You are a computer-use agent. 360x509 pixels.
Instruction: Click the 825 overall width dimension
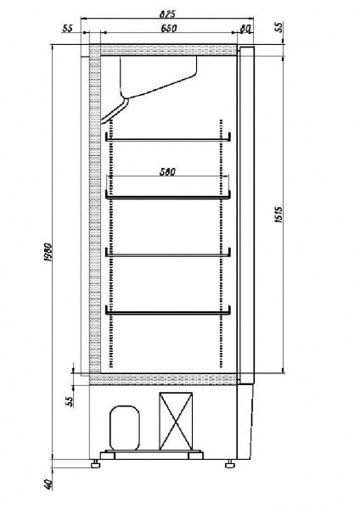point(167,14)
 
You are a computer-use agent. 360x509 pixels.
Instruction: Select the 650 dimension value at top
point(169,28)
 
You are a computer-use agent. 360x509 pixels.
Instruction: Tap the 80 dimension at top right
point(245,29)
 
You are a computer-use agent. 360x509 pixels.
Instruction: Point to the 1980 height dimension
point(48,252)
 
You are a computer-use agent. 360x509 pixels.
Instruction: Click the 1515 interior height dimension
point(278,215)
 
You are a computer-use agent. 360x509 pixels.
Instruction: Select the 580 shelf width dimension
point(167,171)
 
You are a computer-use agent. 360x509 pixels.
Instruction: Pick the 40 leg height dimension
point(48,484)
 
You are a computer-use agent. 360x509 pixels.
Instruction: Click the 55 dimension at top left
point(67,28)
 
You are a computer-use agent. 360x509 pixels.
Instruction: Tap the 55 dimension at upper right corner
point(278,27)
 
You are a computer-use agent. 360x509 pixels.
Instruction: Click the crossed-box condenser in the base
point(176,422)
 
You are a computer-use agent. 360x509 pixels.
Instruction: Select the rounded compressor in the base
point(125,428)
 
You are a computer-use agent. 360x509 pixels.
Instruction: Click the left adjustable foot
point(95,464)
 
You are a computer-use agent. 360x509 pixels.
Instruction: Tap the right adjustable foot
point(230,464)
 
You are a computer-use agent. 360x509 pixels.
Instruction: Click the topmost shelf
point(168,139)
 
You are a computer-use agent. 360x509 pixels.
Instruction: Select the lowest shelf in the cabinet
point(168,313)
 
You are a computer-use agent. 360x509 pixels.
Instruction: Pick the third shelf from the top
point(168,255)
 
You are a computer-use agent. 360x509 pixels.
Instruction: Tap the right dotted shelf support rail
point(222,243)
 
